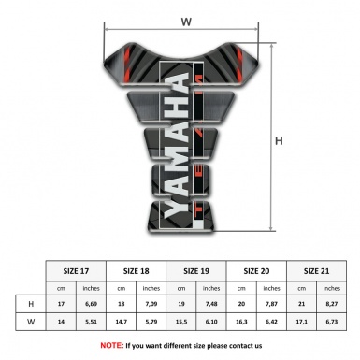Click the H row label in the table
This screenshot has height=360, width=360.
[33, 304]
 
